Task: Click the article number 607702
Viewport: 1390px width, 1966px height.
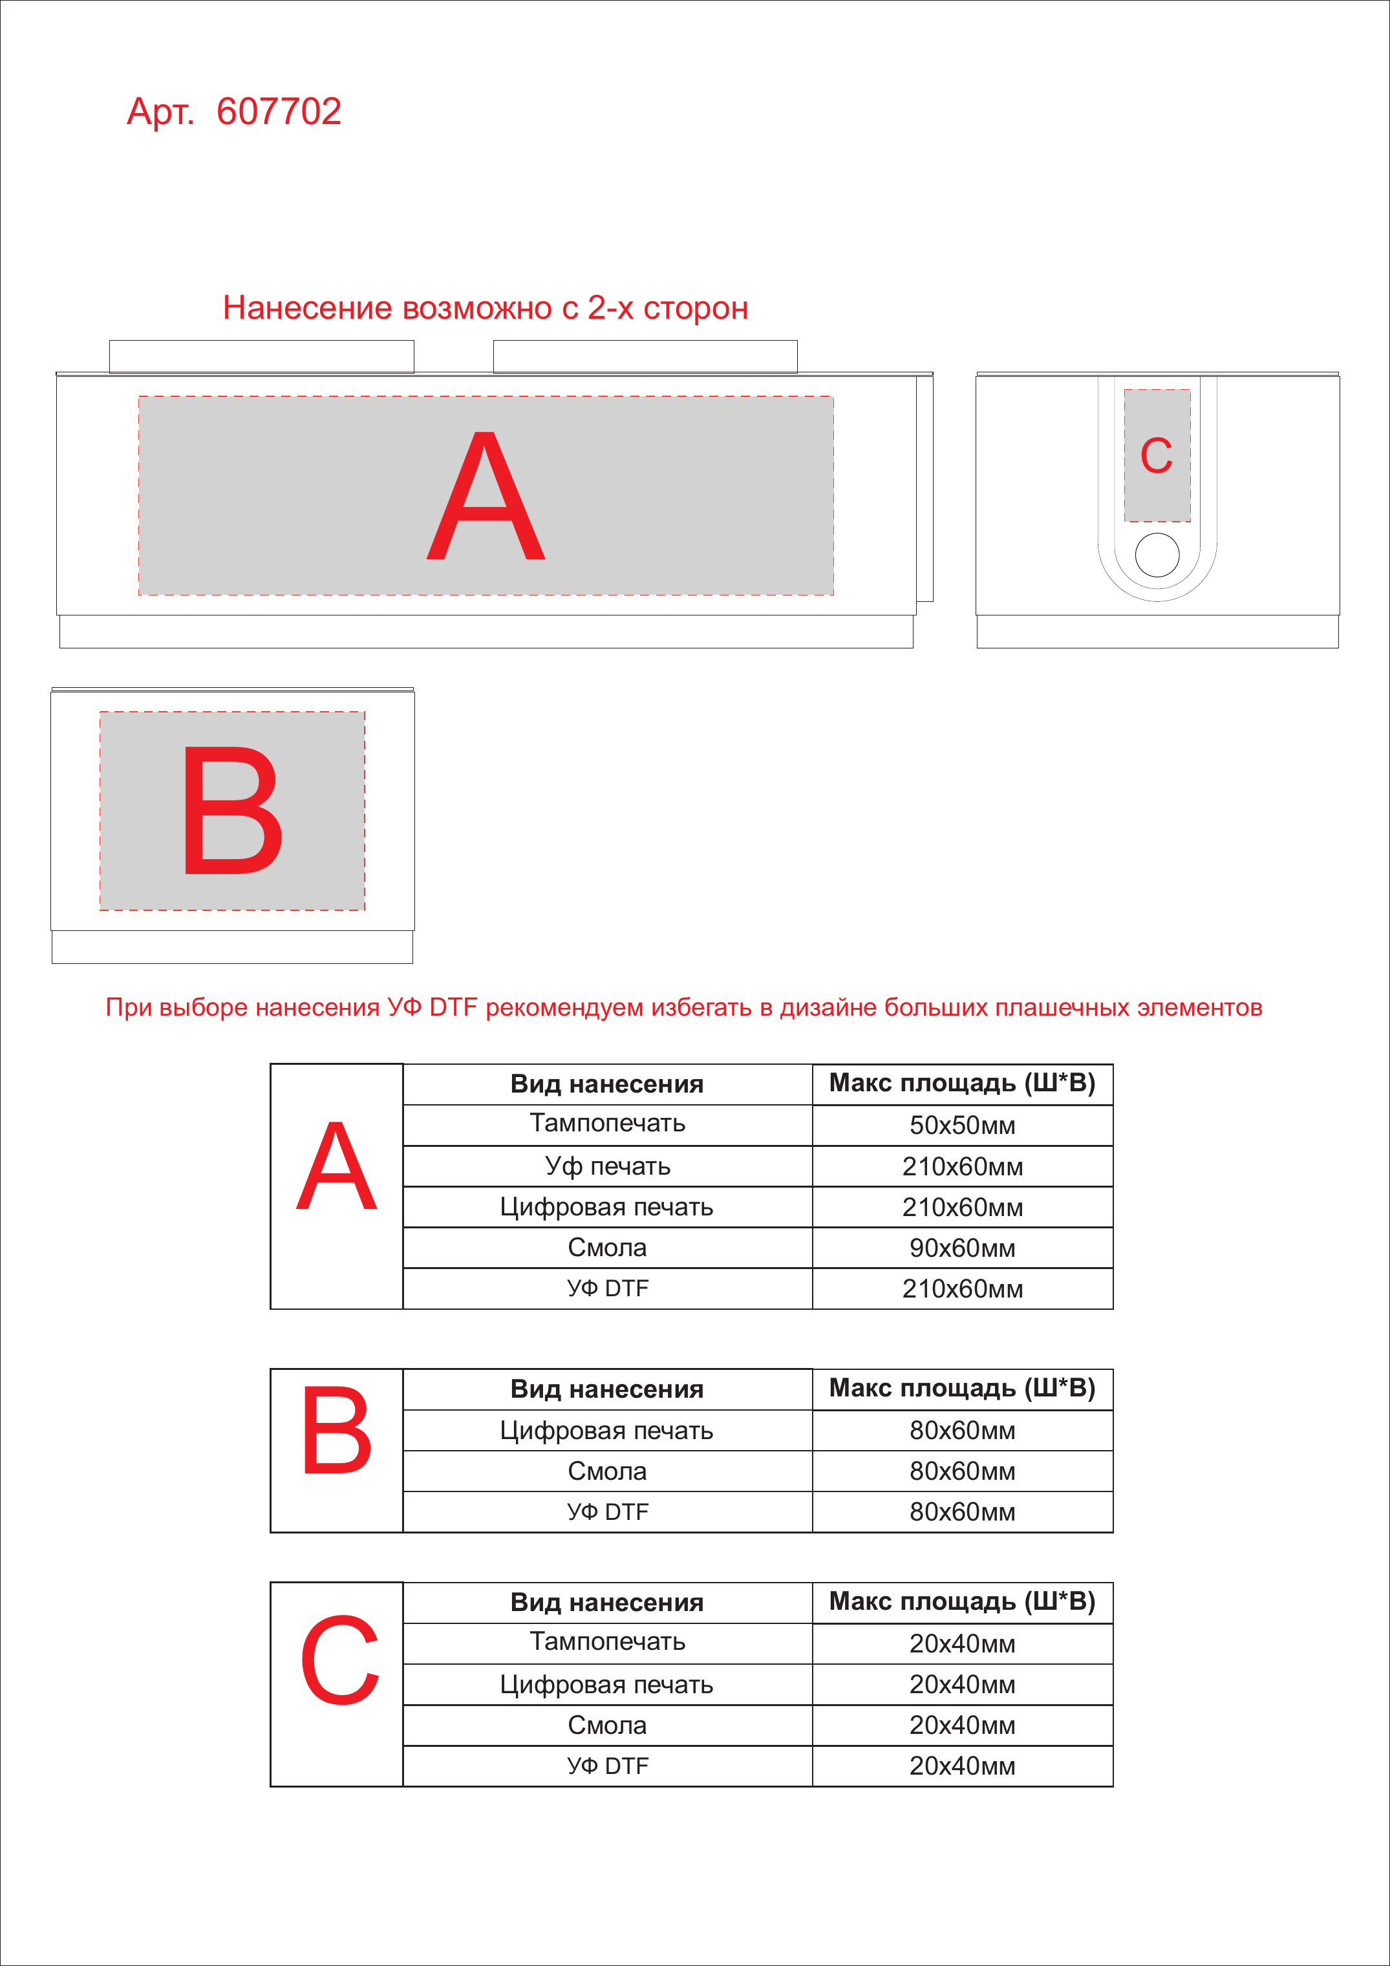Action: click(x=279, y=111)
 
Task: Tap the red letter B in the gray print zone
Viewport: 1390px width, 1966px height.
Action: click(x=232, y=810)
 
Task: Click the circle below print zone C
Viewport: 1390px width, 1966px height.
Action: click(x=1157, y=555)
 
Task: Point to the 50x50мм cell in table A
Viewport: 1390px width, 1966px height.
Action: click(x=963, y=1125)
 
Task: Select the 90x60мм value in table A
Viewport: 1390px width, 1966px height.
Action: click(x=963, y=1248)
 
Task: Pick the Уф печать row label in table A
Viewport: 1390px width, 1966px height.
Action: click(x=607, y=1166)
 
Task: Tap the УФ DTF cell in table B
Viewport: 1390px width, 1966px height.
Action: click(x=607, y=1512)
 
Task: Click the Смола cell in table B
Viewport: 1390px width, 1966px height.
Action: click(x=607, y=1471)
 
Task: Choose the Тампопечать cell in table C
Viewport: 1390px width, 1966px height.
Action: click(x=607, y=1641)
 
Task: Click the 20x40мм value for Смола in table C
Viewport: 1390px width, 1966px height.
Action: click(x=963, y=1726)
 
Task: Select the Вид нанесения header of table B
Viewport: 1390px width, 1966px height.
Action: click(x=607, y=1389)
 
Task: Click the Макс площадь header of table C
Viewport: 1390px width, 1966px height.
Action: click(x=963, y=1601)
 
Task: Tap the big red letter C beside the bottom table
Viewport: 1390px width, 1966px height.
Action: click(x=339, y=1660)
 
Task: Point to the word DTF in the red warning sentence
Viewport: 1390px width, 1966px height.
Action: click(x=453, y=1007)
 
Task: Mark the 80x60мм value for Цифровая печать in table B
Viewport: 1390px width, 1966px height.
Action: click(x=963, y=1431)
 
